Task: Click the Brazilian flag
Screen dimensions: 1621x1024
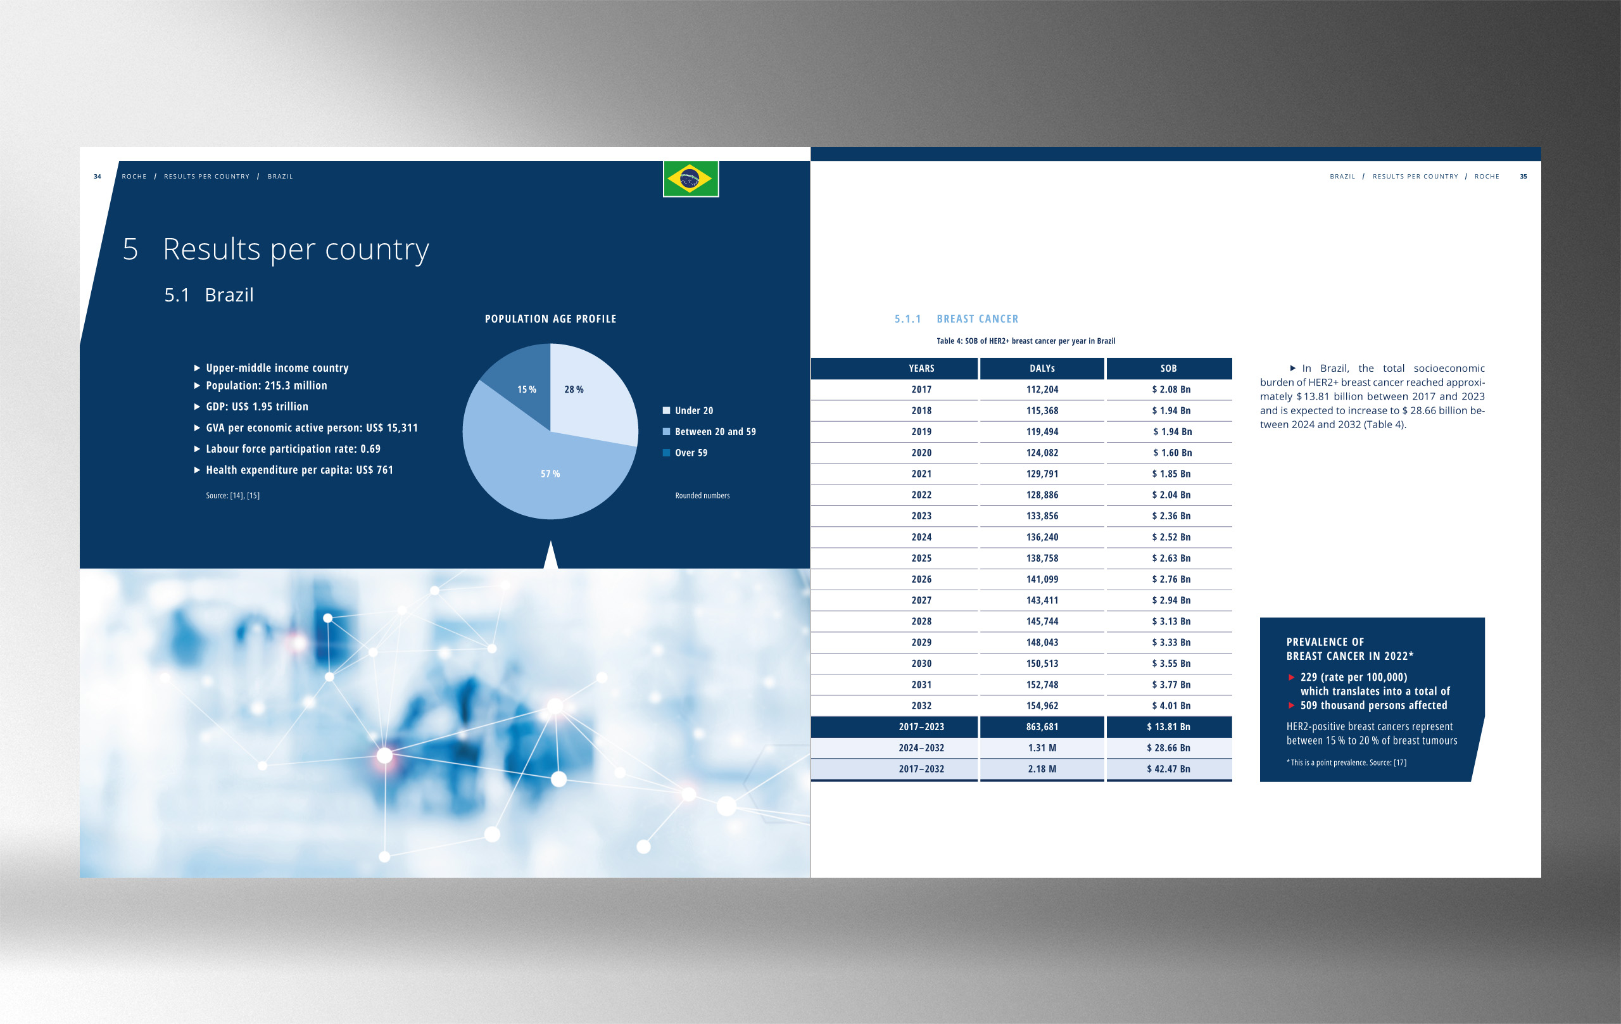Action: pyautogui.click(x=691, y=179)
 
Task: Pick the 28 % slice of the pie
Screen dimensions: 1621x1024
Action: pyautogui.click(x=587, y=391)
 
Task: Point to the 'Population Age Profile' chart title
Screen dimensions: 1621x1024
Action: pyautogui.click(x=551, y=319)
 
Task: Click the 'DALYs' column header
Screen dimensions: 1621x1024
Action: pyautogui.click(x=1042, y=369)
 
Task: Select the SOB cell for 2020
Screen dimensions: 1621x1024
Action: pyautogui.click(x=1171, y=452)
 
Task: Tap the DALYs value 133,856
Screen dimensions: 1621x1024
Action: pyautogui.click(x=1042, y=515)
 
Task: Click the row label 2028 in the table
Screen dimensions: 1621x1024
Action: pyautogui.click(x=921, y=621)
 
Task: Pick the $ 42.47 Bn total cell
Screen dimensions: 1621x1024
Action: pyautogui.click(x=1169, y=769)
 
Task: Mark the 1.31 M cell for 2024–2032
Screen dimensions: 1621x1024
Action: pyautogui.click(x=1042, y=748)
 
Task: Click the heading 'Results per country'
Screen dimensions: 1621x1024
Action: pyautogui.click(x=296, y=250)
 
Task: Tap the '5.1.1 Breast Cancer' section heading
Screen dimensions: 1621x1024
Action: pyautogui.click(x=956, y=319)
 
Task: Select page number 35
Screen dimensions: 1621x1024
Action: pyautogui.click(x=1523, y=177)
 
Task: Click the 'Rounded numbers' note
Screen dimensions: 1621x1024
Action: pyautogui.click(x=702, y=495)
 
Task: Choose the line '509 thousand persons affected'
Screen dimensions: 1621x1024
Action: pyautogui.click(x=1373, y=705)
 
